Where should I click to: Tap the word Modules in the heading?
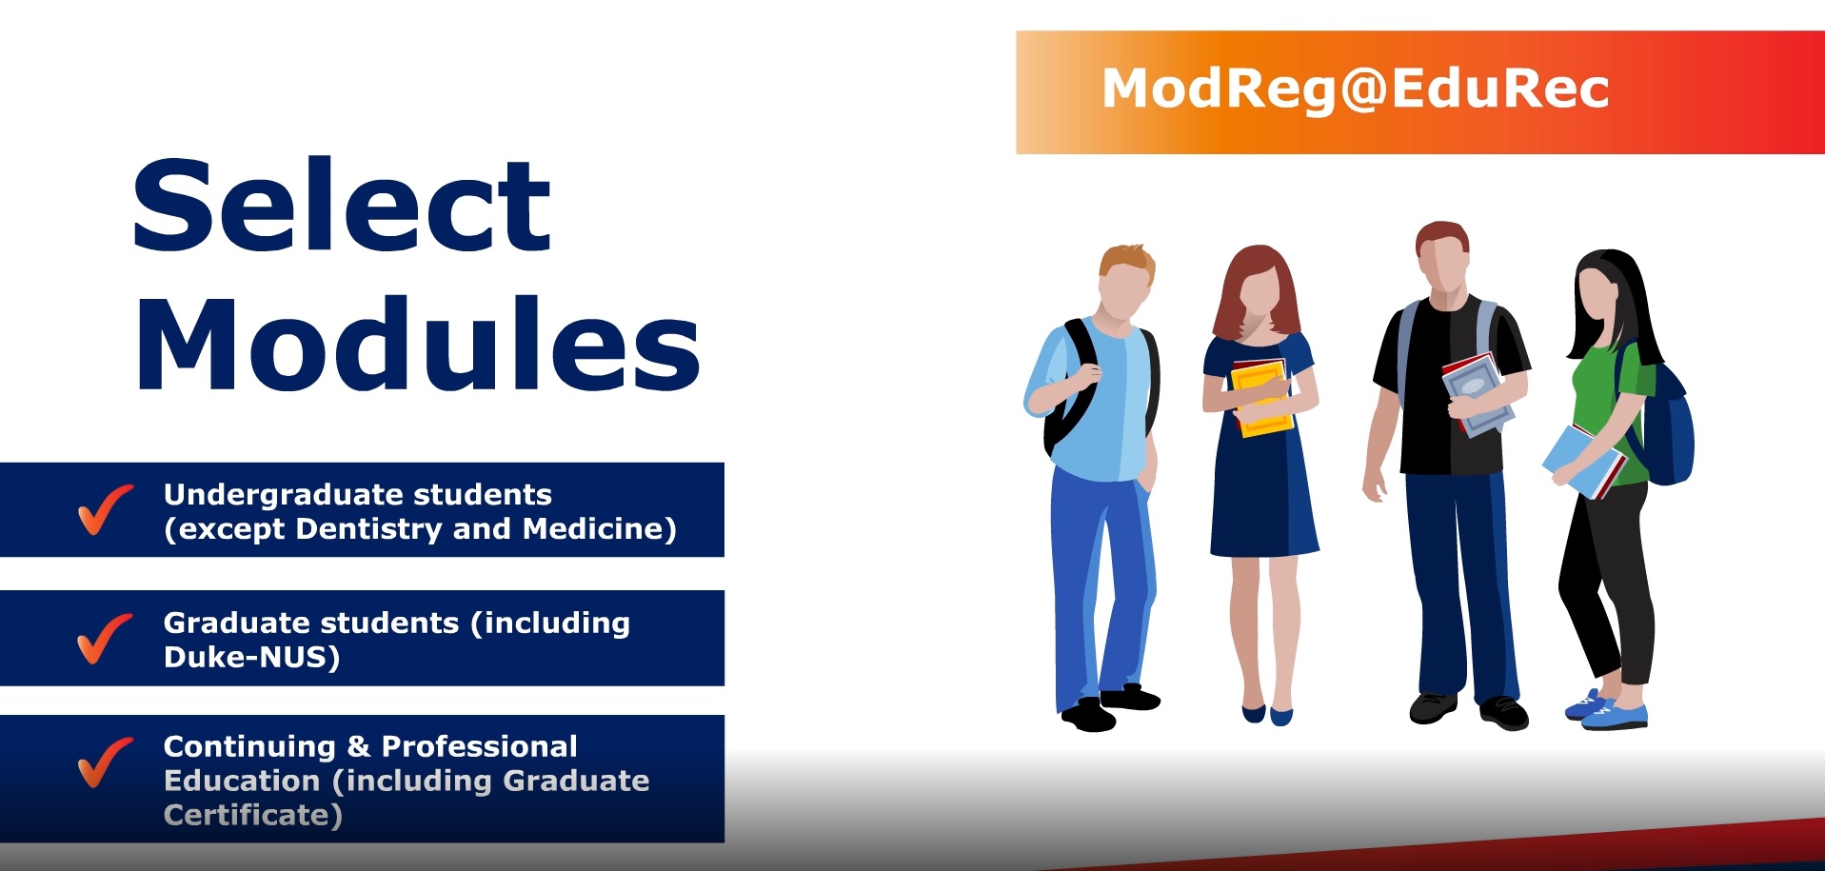pos(418,345)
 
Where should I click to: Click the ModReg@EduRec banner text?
pos(1355,89)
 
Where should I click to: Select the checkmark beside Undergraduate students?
pos(104,510)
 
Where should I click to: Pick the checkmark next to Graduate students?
pos(104,638)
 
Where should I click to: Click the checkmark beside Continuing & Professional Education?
pos(104,762)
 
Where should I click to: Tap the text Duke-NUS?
pos(251,658)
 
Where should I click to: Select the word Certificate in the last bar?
pos(251,816)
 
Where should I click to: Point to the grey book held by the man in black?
pos(1476,393)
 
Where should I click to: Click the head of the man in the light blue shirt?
pos(1125,282)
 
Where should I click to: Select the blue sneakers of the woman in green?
pos(1609,710)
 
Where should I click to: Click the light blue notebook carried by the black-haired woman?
pos(1580,461)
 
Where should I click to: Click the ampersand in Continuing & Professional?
pos(358,747)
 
